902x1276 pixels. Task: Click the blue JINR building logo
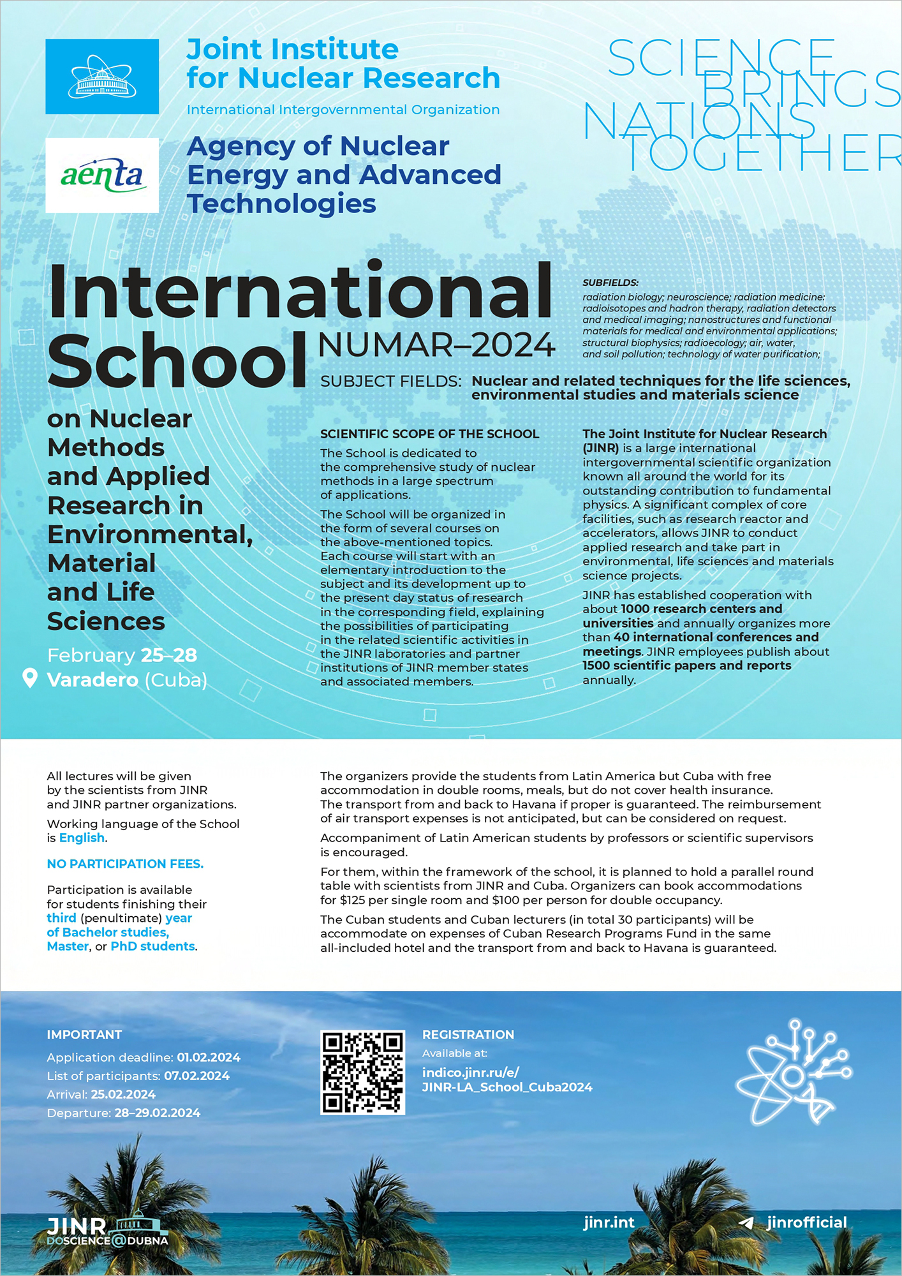pos(102,77)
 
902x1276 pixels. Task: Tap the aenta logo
pos(102,175)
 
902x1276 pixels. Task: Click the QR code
pos(362,1072)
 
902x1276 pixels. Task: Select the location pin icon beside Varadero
pos(29,678)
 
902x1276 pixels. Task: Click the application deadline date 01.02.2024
pos(209,1057)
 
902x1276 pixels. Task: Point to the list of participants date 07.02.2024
pos(196,1076)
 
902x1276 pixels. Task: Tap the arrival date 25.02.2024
pos(123,1094)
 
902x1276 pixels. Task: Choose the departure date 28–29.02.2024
pos(157,1113)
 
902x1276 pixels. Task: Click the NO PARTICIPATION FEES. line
pos(125,864)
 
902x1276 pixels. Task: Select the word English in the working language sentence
pos(82,838)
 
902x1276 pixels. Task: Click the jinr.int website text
pos(609,1222)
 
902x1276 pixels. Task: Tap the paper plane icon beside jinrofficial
pos(746,1223)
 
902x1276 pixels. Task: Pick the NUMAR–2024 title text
pos(436,345)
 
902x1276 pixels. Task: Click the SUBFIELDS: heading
pos(610,283)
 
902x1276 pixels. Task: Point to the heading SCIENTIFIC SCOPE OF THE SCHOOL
pos(429,434)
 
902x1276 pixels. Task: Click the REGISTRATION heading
pos(468,1035)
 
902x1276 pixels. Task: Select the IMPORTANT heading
pos(84,1035)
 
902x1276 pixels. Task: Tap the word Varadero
pos(92,679)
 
